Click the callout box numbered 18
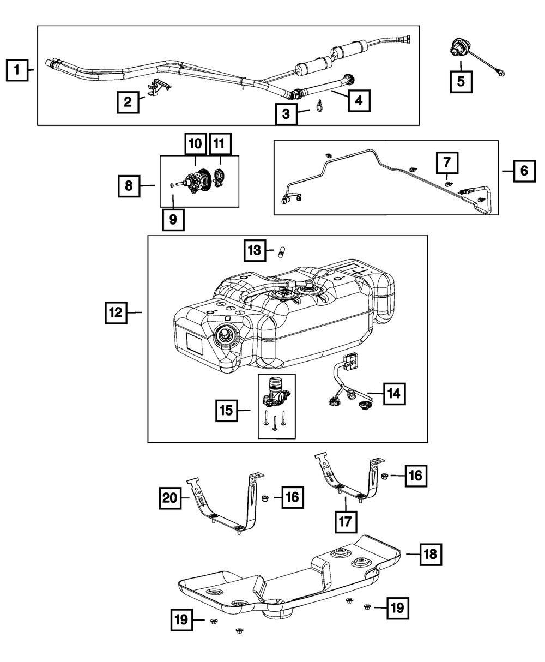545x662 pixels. (x=430, y=555)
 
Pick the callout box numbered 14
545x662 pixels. (x=394, y=394)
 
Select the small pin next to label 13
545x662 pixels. (x=283, y=252)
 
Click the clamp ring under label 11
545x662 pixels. (x=220, y=178)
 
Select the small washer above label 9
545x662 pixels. (x=173, y=186)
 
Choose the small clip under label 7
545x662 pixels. (x=446, y=183)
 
